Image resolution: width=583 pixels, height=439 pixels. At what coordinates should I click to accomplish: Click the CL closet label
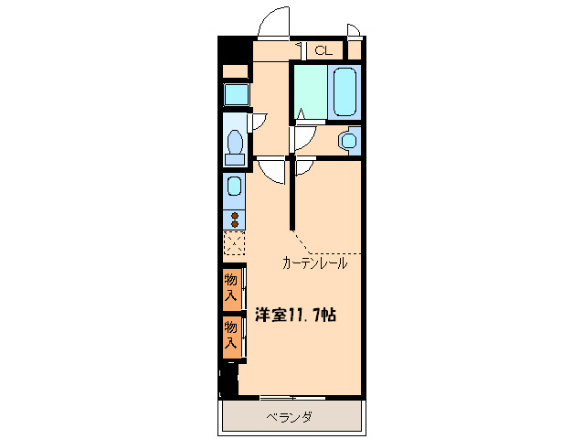point(323,50)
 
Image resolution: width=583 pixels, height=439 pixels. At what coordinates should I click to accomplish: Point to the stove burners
point(235,219)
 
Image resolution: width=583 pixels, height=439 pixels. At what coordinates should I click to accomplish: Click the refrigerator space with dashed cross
point(235,244)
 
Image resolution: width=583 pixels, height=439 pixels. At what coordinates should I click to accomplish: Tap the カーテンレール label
point(314,263)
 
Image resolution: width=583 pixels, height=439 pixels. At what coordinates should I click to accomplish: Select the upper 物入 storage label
point(232,285)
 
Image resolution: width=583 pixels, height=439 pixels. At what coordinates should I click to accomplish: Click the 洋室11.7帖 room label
point(294,316)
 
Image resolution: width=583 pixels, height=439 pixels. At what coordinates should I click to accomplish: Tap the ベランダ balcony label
point(290,417)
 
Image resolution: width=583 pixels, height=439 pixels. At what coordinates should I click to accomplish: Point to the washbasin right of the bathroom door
point(347,140)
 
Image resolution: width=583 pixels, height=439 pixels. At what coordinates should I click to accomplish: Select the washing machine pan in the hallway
point(236,93)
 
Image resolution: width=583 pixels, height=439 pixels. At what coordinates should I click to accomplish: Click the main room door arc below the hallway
point(272,169)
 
